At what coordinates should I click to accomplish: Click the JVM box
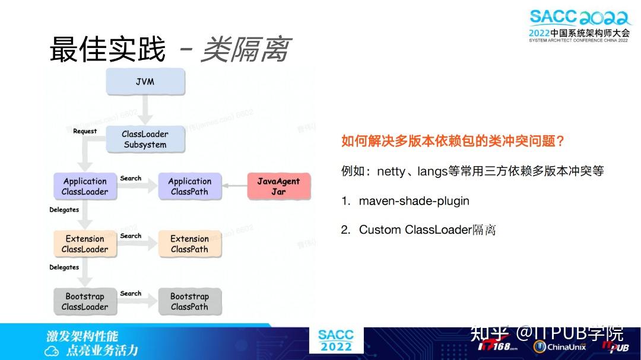(145, 82)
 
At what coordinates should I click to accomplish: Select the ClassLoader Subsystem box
(145, 139)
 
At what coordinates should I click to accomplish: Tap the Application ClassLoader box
(85, 187)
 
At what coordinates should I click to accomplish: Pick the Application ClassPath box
(189, 187)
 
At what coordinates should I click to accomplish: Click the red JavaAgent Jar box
(278, 187)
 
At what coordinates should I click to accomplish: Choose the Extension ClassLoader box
(85, 244)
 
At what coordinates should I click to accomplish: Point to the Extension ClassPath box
(189, 244)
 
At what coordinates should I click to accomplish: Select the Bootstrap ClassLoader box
(85, 302)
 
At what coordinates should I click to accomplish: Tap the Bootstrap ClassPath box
(189, 302)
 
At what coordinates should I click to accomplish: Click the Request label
(85, 131)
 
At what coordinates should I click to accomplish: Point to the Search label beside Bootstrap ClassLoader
(131, 294)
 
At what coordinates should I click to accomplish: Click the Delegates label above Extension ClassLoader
(64, 210)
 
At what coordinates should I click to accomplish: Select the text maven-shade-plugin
(414, 201)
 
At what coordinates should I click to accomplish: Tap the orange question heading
(452, 141)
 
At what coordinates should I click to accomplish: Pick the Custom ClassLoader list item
(427, 230)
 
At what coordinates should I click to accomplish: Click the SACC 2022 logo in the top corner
(579, 25)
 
